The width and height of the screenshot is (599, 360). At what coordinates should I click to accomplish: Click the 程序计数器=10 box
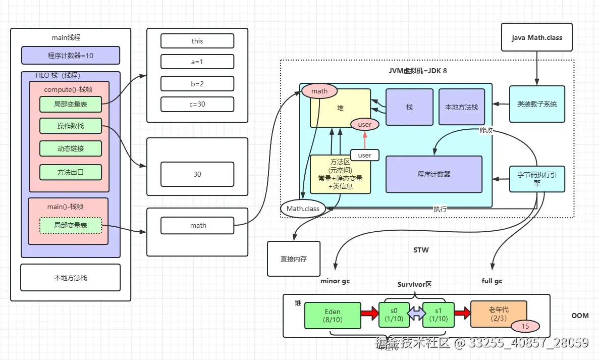tap(71, 56)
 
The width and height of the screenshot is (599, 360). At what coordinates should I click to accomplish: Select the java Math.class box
tap(537, 37)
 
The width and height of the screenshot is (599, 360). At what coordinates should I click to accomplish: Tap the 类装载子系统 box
tap(537, 104)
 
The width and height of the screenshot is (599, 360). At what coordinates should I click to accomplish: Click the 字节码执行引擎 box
tap(537, 179)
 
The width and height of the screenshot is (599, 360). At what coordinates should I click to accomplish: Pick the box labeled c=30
tap(197, 105)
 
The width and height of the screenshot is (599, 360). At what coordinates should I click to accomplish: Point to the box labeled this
tap(197, 41)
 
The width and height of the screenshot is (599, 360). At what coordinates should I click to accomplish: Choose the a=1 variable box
tap(197, 62)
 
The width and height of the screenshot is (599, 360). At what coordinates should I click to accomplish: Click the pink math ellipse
tap(319, 91)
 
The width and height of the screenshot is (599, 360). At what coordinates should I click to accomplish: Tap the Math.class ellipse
tap(303, 209)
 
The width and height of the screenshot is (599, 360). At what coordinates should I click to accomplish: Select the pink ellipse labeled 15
tap(525, 326)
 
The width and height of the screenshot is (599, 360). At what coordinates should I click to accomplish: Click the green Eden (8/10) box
tap(333, 316)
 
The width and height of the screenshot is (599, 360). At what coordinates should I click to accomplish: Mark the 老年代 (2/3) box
tap(499, 314)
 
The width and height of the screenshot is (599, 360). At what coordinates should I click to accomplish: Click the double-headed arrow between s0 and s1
tap(417, 314)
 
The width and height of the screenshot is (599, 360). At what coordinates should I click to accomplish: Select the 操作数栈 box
tap(71, 126)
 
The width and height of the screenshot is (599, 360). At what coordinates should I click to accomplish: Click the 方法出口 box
tap(71, 172)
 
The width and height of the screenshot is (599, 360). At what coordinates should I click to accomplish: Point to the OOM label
tap(580, 316)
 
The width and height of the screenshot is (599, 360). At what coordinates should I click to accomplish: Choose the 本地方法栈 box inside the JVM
tap(461, 107)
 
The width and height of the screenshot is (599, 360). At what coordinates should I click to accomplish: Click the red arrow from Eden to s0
tap(370, 314)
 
